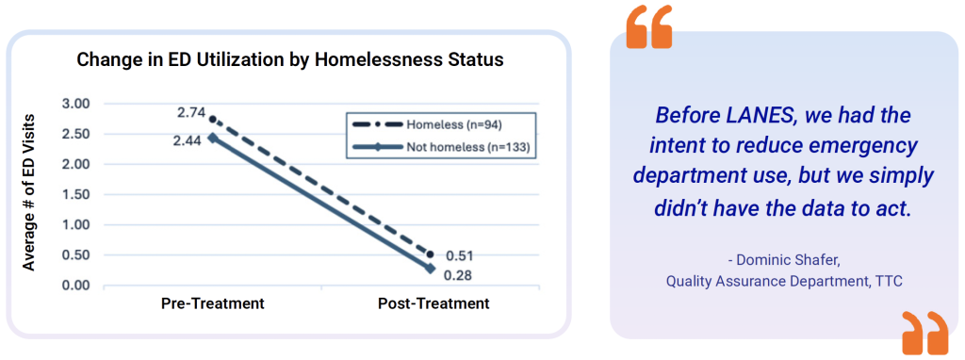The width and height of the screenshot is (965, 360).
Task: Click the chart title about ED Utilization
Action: (290, 60)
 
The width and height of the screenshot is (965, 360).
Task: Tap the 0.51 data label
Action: (459, 255)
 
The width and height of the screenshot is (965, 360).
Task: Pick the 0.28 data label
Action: (459, 275)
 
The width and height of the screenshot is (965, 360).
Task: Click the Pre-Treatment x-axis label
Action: (213, 304)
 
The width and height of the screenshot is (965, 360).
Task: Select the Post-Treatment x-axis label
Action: (433, 304)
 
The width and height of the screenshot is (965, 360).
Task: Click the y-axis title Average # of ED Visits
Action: (29, 191)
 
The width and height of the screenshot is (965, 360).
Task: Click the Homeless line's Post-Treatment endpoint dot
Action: (430, 254)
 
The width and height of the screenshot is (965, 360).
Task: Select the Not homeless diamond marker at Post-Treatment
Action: (430, 269)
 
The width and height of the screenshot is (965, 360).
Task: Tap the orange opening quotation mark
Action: (649, 27)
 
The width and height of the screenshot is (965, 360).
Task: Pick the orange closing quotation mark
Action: (925, 333)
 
